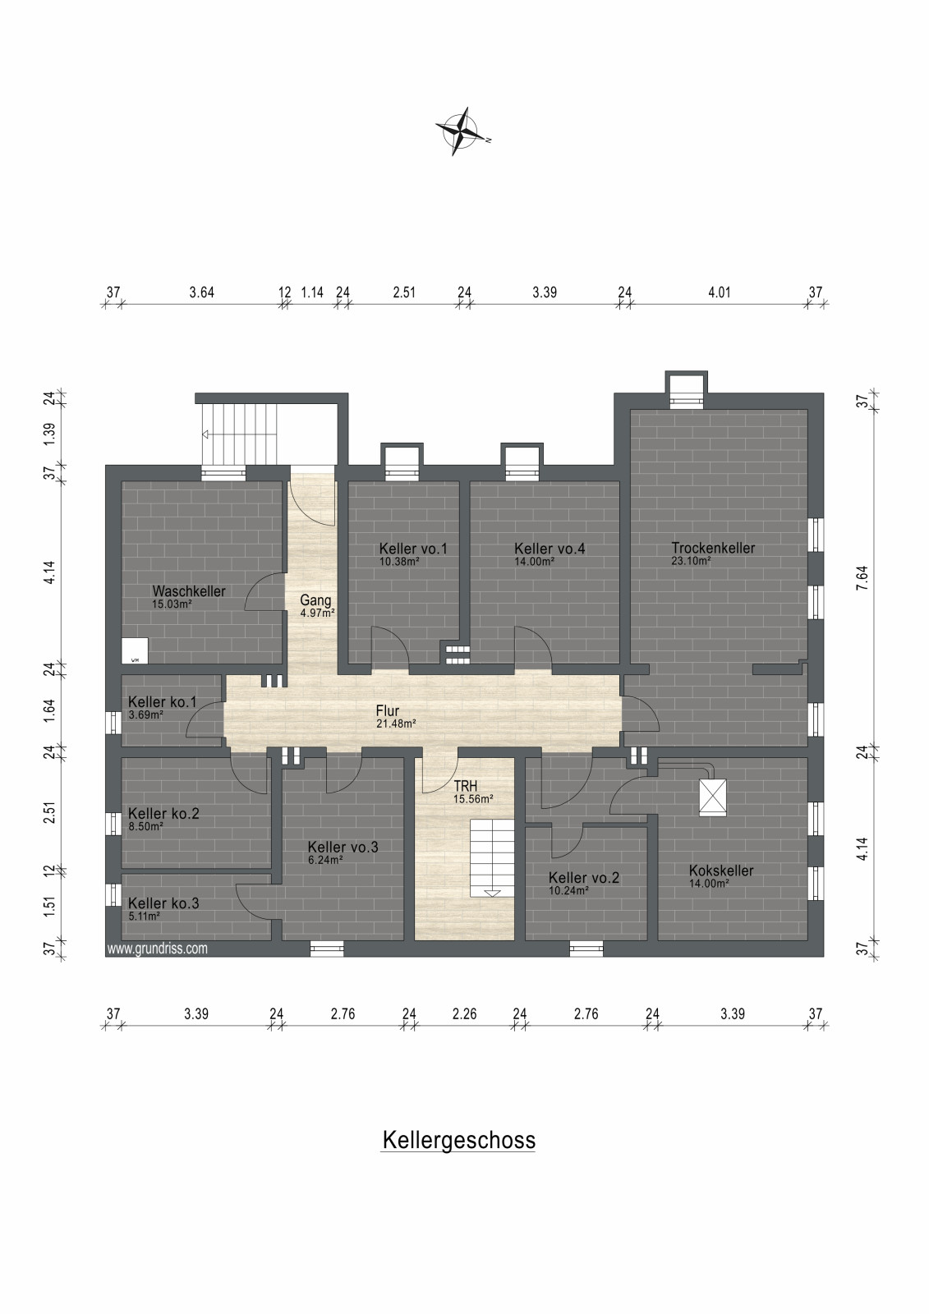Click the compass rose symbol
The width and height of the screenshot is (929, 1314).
click(x=462, y=131)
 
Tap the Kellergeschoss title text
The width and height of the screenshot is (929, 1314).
click(x=459, y=1140)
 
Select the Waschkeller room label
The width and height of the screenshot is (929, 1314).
click(x=189, y=590)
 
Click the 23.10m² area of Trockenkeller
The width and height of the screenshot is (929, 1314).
click(x=692, y=560)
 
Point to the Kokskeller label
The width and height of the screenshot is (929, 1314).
click(x=721, y=871)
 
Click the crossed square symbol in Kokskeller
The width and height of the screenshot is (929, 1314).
click(x=713, y=797)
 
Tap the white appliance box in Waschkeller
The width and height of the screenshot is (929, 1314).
click(x=135, y=651)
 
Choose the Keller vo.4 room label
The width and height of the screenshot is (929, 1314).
click(x=550, y=549)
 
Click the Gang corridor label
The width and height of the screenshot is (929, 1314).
click(x=315, y=600)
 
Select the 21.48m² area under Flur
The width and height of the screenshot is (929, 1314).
click(x=396, y=724)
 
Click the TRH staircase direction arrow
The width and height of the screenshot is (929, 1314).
click(x=492, y=893)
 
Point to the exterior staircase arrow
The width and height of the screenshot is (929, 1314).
click(x=205, y=434)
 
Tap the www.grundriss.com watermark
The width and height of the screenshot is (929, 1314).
click(x=157, y=949)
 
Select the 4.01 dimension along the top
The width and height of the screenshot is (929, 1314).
click(x=720, y=292)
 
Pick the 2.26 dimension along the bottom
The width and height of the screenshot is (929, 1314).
click(x=464, y=1013)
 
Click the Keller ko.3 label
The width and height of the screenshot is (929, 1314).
click(x=163, y=903)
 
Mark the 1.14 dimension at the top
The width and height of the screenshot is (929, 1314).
click(x=312, y=292)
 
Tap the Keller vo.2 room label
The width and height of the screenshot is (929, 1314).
click(x=584, y=878)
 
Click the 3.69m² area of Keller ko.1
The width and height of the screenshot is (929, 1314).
click(x=145, y=714)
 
